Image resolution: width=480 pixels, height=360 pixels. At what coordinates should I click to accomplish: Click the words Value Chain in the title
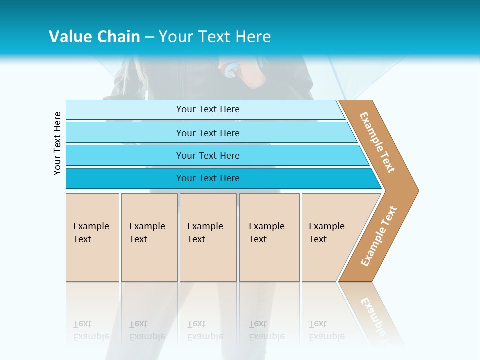[x=94, y=36]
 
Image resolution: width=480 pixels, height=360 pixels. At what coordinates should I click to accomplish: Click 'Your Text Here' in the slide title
[x=215, y=36]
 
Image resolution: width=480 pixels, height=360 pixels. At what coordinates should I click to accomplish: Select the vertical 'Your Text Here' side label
[x=57, y=143]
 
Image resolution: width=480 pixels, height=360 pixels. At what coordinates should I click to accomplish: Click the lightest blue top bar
[x=208, y=109]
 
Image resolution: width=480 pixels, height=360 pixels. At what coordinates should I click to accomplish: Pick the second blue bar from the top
[x=208, y=133]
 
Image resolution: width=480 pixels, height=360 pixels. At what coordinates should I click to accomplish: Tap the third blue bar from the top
[x=208, y=155]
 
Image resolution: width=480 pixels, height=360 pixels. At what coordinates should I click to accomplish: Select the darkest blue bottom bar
[x=208, y=178]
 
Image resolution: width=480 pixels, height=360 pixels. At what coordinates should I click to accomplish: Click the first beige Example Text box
[x=92, y=237]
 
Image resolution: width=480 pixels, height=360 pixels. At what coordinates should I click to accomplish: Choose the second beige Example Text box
[x=149, y=237]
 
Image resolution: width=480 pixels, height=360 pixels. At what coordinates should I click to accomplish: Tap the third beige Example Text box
[x=207, y=237]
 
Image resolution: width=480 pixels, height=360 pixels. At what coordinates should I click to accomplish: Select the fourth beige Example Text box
[x=269, y=237]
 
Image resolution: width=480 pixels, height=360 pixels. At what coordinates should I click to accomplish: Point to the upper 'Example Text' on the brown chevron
[x=377, y=142]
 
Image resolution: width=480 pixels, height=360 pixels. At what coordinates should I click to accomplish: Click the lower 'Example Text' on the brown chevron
[x=379, y=236]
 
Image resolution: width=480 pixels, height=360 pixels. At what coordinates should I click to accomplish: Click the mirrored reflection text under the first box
[x=91, y=330]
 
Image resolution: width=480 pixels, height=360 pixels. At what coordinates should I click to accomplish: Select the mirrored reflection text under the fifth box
[x=326, y=330]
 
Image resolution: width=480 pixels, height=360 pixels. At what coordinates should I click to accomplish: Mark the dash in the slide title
[x=149, y=37]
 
